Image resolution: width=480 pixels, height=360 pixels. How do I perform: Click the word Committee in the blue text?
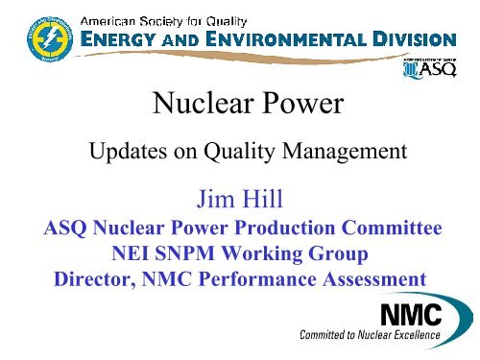(384, 230)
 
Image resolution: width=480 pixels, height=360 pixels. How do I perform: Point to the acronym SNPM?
(179, 256)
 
